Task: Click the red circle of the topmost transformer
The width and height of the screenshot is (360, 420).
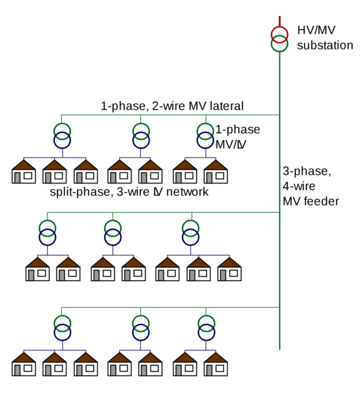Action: coord(279,34)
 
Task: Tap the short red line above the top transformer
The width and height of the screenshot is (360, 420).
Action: coord(280,21)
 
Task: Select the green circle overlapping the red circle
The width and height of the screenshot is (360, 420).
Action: coord(279,45)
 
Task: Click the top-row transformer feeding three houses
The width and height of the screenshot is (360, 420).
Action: coord(62,135)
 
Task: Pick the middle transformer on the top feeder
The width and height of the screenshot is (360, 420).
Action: coord(141,135)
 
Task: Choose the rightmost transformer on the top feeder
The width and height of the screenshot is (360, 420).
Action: coord(205,135)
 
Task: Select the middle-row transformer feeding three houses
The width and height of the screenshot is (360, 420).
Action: coord(191,233)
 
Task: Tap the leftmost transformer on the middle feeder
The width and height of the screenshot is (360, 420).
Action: coord(47,233)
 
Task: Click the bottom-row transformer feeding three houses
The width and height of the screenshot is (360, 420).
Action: coord(62,328)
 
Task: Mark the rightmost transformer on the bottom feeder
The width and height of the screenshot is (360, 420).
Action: coord(206,328)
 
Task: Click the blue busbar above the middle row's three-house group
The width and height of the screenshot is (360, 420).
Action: coord(198,255)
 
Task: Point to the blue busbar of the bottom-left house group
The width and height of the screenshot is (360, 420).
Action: coord(54,350)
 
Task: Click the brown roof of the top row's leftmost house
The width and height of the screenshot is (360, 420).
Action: coord(23,165)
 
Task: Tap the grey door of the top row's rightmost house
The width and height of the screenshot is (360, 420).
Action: coord(209,178)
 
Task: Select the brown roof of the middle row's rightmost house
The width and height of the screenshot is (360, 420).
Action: coord(229,263)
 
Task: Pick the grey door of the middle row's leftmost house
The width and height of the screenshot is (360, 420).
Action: coord(32,275)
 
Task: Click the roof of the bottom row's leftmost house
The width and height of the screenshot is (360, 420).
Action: coord(23,358)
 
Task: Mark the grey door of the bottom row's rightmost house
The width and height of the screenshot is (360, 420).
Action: coord(209,370)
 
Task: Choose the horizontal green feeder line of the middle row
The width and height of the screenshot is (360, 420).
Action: coord(164,212)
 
